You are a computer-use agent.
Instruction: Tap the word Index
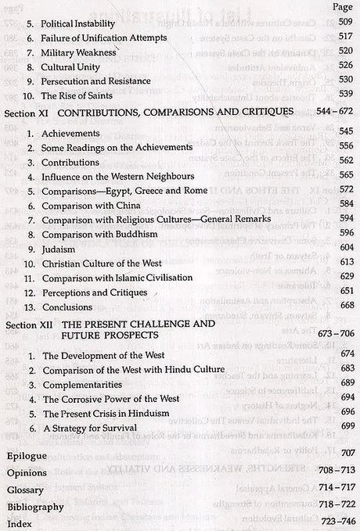20,523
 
